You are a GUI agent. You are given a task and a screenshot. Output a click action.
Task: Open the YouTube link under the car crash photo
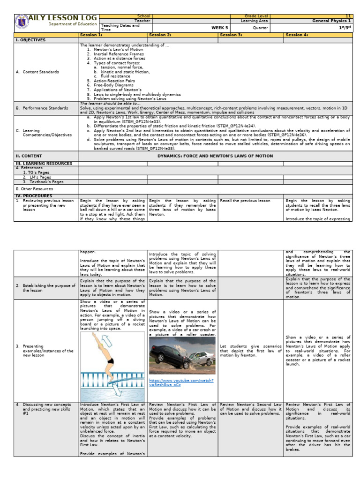(181, 382)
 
